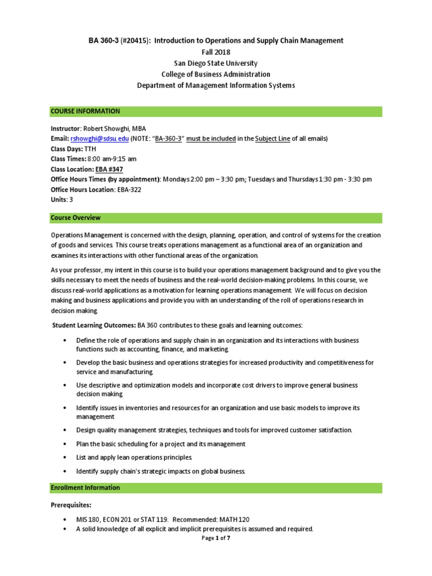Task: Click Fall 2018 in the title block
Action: (215, 52)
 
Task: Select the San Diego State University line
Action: (215, 63)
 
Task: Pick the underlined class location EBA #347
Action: (109, 169)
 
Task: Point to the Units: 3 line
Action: (62, 200)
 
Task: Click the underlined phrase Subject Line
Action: (272, 138)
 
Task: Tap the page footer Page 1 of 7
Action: (215, 538)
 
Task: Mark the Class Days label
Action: (66, 148)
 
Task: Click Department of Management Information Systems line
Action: (215, 85)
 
